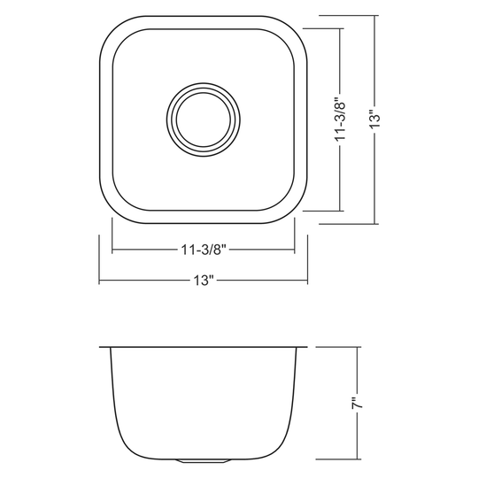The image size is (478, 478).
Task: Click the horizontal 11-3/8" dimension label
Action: (203, 251)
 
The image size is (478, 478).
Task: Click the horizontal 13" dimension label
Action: (204, 280)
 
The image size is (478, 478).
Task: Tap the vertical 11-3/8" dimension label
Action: (340, 119)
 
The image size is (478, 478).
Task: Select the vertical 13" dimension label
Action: (374, 119)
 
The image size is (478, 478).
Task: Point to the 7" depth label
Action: (357, 403)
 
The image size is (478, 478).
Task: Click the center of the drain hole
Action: (204, 119)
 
